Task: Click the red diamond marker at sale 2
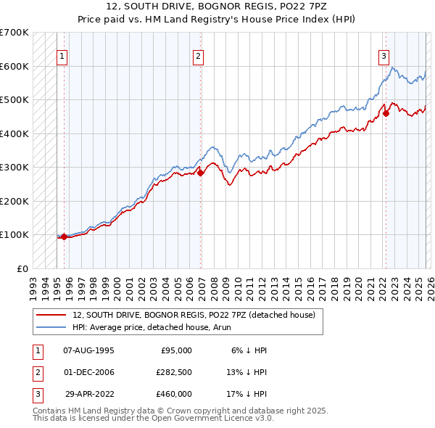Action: tap(201, 173)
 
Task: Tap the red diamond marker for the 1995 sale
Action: tap(64, 236)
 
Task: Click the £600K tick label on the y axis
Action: tap(14, 66)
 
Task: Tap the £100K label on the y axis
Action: tap(14, 234)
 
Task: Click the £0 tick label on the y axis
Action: tap(22, 268)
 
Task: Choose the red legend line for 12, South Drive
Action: tap(52, 316)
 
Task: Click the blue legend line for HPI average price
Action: tap(52, 328)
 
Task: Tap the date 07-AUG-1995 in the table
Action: tap(88, 350)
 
